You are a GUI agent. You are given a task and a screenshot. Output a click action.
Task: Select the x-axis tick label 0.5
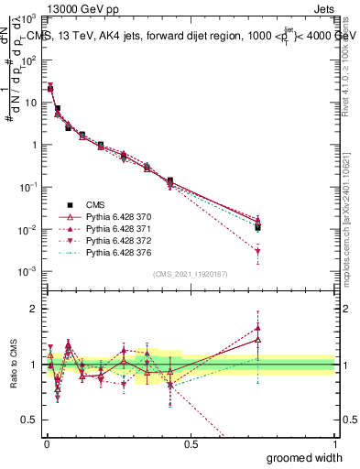[x=191, y=444]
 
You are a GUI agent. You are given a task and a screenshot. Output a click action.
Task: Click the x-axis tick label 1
[x=335, y=444]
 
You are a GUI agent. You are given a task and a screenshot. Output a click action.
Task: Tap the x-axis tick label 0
[x=47, y=444]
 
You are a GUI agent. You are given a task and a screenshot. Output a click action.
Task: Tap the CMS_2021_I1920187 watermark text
[x=191, y=273]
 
